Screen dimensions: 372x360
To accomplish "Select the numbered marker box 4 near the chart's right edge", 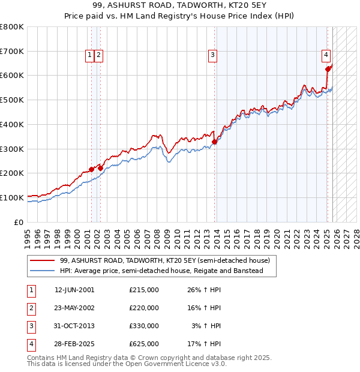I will point(326,55).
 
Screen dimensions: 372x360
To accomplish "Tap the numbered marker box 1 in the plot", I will point(89,55).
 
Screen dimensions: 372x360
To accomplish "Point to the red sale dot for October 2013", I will point(214,142).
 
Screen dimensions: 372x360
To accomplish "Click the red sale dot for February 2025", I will point(328,69).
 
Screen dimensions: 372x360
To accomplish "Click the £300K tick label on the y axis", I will point(13,149).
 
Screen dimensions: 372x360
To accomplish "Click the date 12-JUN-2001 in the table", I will point(74,290).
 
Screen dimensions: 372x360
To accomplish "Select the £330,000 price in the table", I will point(144,326).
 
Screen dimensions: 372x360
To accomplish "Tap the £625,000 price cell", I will point(144,344).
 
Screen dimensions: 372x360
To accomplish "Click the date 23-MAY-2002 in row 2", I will point(74,308).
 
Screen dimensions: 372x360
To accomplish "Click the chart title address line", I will point(180,6).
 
